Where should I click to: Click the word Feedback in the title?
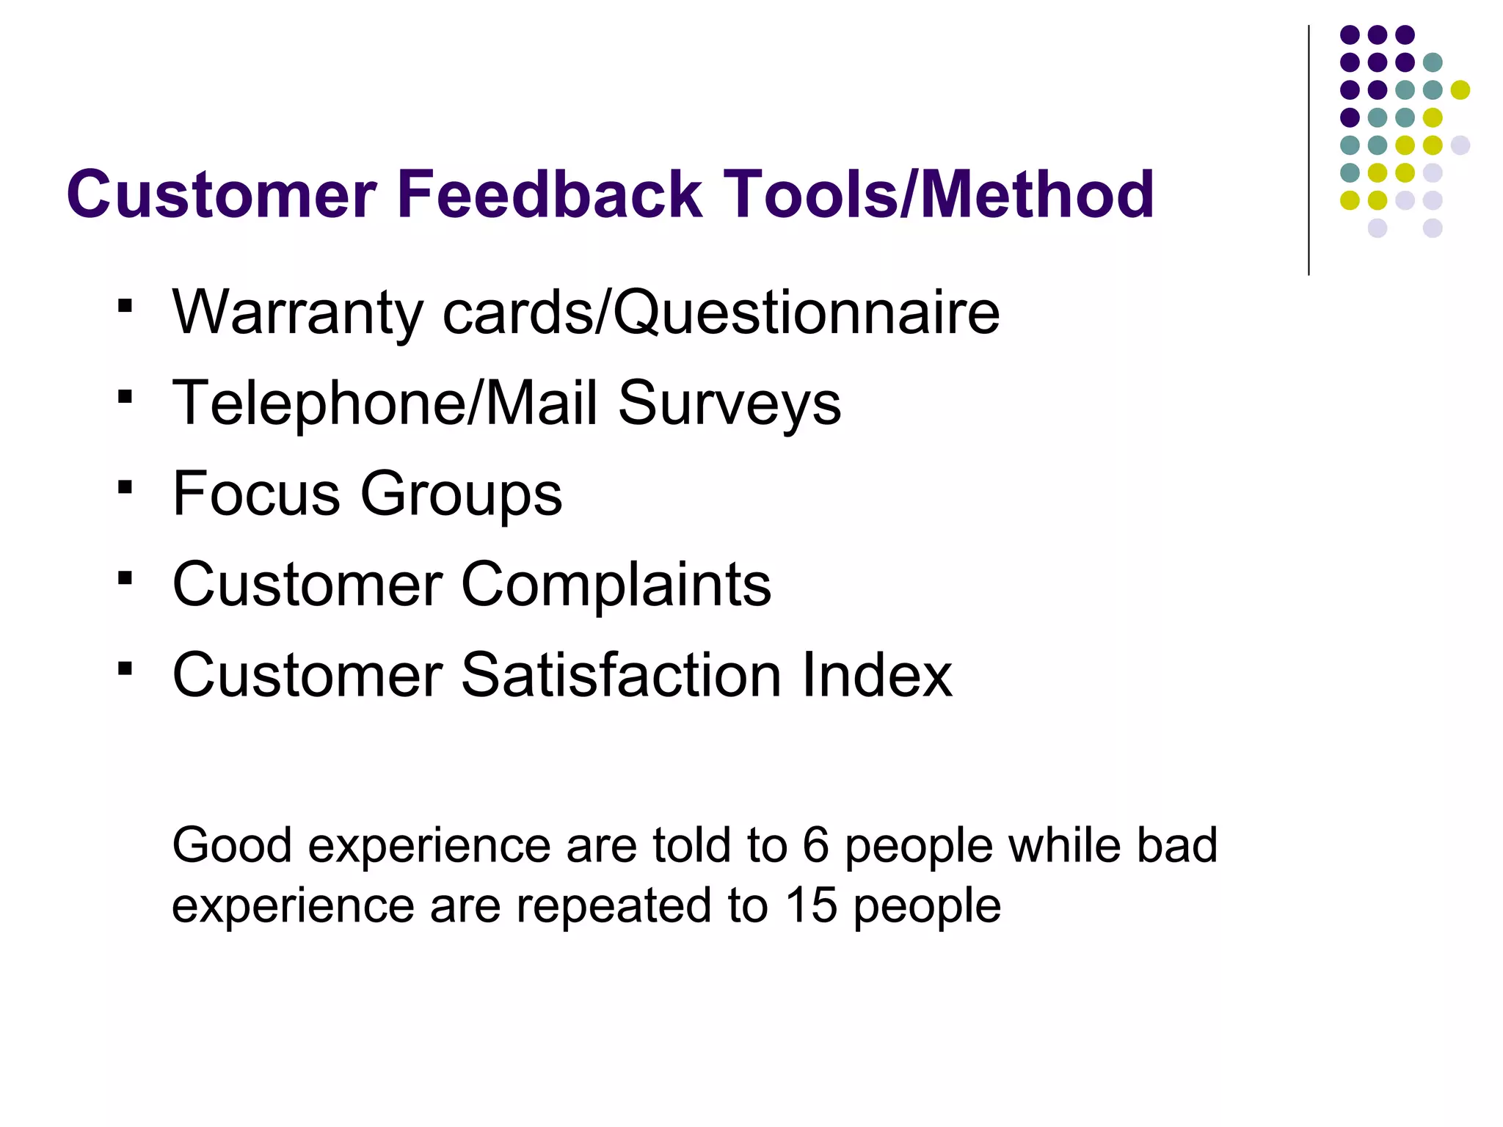coord(550,194)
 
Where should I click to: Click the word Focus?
coord(256,493)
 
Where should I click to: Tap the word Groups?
coord(461,493)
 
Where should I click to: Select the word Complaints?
coord(616,584)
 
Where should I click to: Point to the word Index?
coord(877,674)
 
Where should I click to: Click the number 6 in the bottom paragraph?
coord(815,845)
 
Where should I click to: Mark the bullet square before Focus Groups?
coord(125,487)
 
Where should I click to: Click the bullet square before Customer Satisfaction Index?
coord(125,668)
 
